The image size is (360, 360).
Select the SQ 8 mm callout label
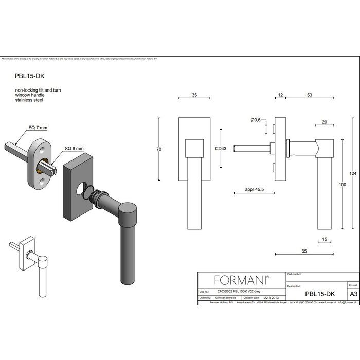click(x=74, y=149)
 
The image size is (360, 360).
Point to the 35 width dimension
click(x=194, y=95)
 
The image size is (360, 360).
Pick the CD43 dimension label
click(x=221, y=149)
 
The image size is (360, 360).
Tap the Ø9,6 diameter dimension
click(x=256, y=120)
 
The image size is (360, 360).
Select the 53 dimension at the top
click(x=309, y=95)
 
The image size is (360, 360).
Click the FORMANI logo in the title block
click(x=241, y=280)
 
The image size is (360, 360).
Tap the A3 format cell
click(x=353, y=294)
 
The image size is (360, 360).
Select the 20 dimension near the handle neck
click(x=324, y=122)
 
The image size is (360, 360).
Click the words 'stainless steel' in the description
click(x=29, y=100)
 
